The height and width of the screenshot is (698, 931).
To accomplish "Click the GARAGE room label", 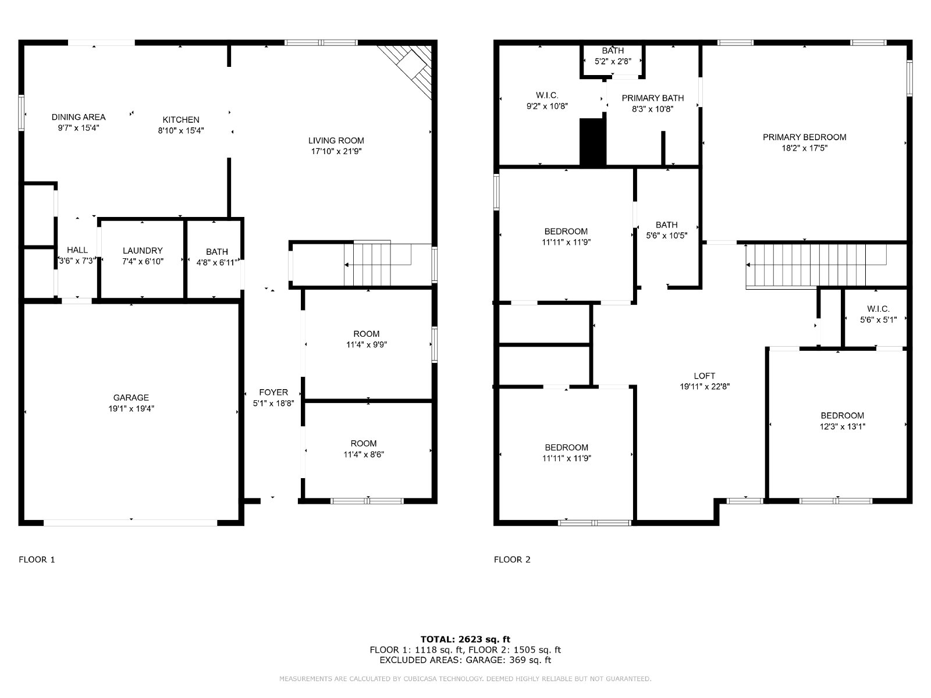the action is tap(131, 397).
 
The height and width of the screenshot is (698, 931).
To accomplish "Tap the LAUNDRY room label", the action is tap(143, 251).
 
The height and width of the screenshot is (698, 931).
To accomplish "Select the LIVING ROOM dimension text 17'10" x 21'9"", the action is tap(336, 151).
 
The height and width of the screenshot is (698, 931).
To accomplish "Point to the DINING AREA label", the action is tap(79, 117).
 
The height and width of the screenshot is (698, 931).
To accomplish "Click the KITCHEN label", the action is tap(181, 119).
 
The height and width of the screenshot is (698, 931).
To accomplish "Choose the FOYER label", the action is tap(273, 392).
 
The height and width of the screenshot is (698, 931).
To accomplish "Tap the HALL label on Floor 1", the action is tap(77, 250).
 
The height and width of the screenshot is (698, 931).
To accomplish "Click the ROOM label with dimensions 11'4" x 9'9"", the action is tap(366, 333).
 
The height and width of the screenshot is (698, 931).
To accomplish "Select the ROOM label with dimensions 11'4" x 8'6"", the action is tap(364, 443).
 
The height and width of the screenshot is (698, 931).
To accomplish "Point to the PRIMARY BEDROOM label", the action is tap(804, 137).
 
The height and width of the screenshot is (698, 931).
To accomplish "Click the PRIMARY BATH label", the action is tap(652, 98).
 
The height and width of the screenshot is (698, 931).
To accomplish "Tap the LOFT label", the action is tap(704, 376).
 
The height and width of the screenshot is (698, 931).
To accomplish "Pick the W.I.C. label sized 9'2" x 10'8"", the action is tap(547, 95).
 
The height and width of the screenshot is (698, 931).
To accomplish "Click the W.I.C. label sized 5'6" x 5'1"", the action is tap(878, 308).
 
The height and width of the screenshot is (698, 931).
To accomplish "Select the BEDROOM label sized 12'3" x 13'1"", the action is tap(842, 415).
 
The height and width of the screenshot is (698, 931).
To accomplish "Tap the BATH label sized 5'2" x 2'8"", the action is tap(613, 51).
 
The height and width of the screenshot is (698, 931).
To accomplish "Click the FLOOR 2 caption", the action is tap(512, 560).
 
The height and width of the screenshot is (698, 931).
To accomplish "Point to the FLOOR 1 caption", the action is tap(37, 560).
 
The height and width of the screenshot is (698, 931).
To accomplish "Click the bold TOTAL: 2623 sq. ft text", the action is tap(465, 639).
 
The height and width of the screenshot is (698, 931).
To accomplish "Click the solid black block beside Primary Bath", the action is tap(592, 142).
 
